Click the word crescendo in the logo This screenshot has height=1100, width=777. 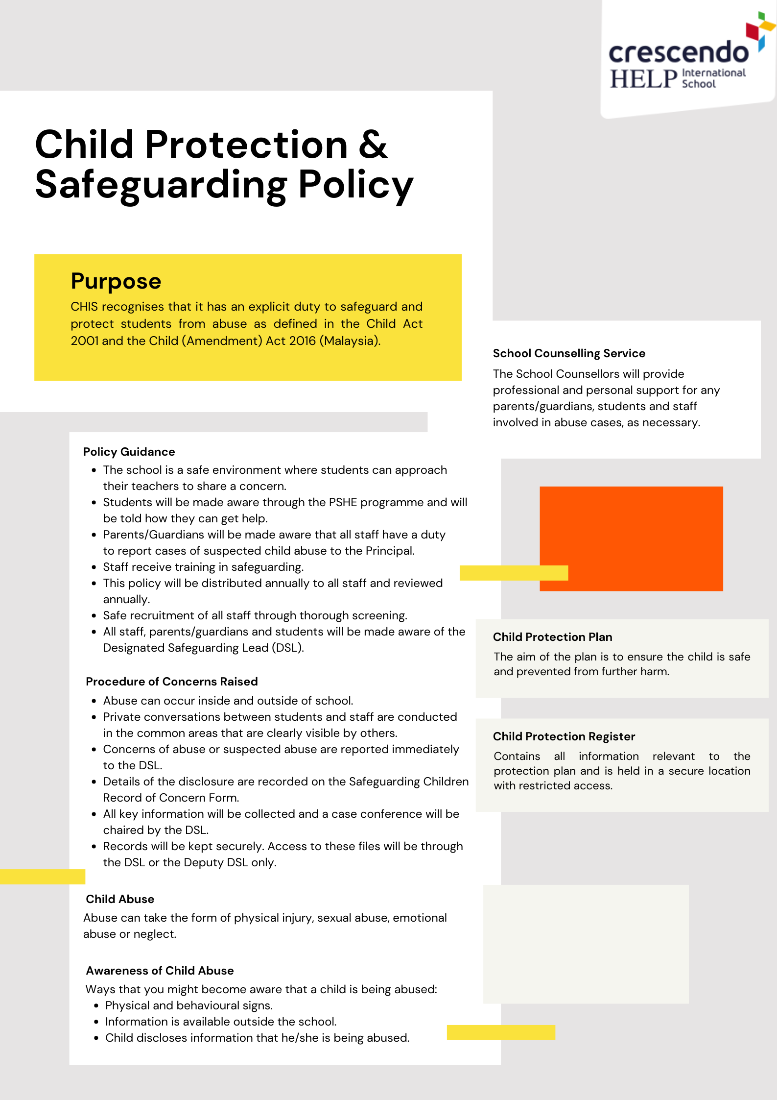click(x=678, y=52)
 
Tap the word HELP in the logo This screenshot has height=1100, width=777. click(x=643, y=79)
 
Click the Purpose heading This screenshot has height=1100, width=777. click(x=116, y=281)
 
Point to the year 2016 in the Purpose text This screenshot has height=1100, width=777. click(x=302, y=341)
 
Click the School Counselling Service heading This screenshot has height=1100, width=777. click(x=569, y=353)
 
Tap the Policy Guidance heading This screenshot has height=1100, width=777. click(x=129, y=452)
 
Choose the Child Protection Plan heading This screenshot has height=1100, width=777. click(x=552, y=637)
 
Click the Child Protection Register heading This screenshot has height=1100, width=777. click(x=564, y=736)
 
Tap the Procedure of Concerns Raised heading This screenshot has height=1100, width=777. click(x=171, y=682)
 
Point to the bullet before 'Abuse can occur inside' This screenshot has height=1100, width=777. click(x=94, y=701)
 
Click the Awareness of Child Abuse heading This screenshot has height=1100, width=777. click(x=160, y=971)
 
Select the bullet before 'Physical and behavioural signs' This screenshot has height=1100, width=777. click(x=96, y=1006)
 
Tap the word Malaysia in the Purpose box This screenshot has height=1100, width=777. click(x=350, y=341)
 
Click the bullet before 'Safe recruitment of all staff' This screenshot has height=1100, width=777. click(x=94, y=616)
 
